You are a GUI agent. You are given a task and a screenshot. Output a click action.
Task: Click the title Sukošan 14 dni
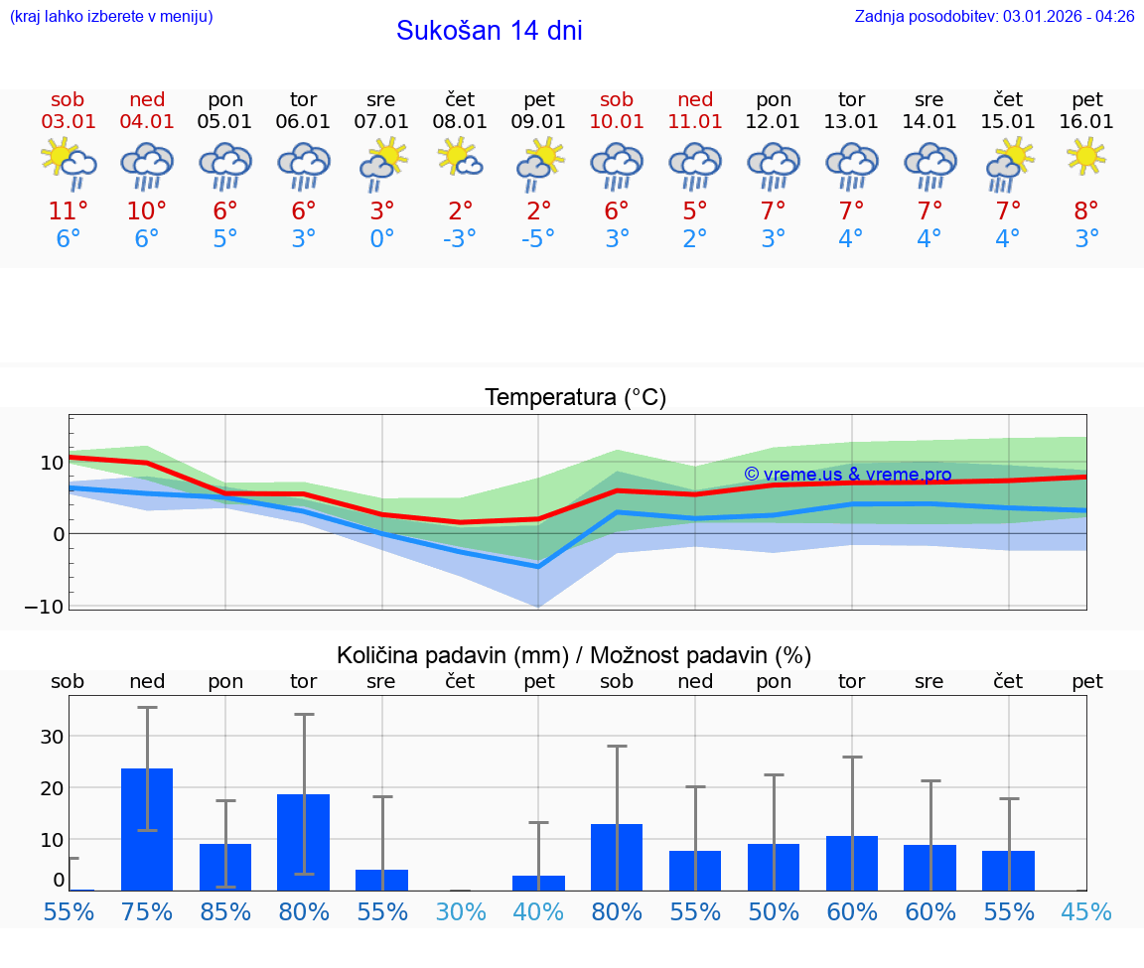(x=489, y=31)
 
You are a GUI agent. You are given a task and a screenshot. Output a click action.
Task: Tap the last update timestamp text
(x=994, y=16)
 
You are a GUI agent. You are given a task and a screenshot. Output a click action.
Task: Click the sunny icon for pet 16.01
(x=1086, y=156)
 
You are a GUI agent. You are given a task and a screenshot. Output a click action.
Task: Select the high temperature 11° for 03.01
(x=68, y=210)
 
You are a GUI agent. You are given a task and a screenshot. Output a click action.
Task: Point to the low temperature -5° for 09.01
(x=538, y=239)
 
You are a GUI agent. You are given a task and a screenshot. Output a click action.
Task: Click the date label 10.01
(x=617, y=122)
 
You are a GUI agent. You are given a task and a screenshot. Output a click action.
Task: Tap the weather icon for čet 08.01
(x=460, y=157)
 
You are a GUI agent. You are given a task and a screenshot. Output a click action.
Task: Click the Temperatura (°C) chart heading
(x=575, y=398)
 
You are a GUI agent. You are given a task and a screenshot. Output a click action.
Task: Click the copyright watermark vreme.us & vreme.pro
(x=847, y=475)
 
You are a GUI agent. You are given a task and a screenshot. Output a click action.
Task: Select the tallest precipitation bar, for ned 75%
(x=147, y=829)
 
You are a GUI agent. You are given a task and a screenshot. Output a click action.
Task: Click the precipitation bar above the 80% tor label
(x=303, y=842)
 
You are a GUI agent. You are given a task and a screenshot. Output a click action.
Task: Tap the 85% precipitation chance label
(x=225, y=912)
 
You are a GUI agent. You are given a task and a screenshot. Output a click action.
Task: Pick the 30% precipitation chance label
(x=461, y=912)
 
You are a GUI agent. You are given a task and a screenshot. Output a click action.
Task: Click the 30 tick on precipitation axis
(x=52, y=736)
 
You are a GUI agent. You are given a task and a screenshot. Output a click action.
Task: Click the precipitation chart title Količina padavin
(x=574, y=655)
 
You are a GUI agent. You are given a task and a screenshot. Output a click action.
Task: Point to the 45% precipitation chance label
(x=1086, y=912)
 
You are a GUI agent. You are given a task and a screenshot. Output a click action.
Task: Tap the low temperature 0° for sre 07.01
(x=381, y=239)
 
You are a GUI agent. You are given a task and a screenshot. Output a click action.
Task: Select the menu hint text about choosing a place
(x=111, y=16)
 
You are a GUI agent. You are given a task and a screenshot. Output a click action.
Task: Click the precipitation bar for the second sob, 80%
(x=617, y=857)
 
